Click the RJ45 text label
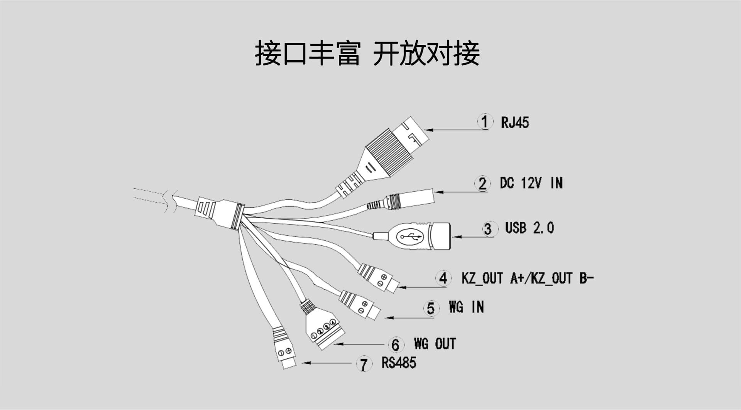pyautogui.click(x=515, y=123)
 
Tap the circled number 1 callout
pyautogui.click(x=485, y=122)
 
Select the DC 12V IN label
pyautogui.click(x=531, y=183)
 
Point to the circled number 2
pyautogui.click(x=482, y=184)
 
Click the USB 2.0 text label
pyautogui.click(x=529, y=228)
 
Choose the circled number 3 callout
pyautogui.click(x=488, y=229)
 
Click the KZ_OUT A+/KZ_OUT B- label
pyautogui.click(x=527, y=278)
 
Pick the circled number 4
pyautogui.click(x=443, y=278)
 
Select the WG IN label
pyautogui.click(x=466, y=307)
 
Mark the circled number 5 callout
pyautogui.click(x=431, y=308)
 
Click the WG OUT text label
pyautogui.click(x=435, y=344)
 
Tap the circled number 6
pyautogui.click(x=395, y=345)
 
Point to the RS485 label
pyautogui.click(x=399, y=363)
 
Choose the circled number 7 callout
pyautogui.click(x=364, y=364)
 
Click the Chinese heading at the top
pyautogui.click(x=367, y=54)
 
